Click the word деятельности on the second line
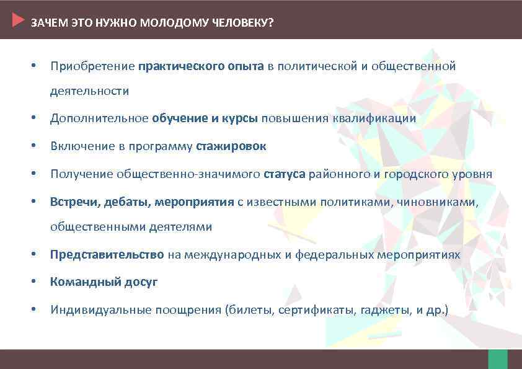point(90,91)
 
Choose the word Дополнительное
point(99,118)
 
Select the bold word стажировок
point(231,146)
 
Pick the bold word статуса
point(285,174)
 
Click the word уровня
point(474,174)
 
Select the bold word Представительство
point(107,255)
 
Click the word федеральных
point(335,255)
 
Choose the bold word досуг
point(141,282)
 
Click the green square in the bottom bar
point(497,359)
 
